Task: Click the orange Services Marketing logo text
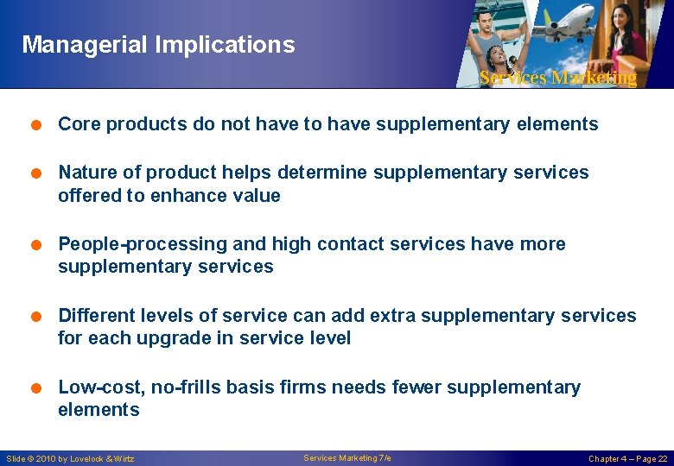557,78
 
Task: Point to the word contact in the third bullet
351,244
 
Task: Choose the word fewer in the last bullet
418,387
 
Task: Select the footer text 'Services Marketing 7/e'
347,458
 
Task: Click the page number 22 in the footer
662,459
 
